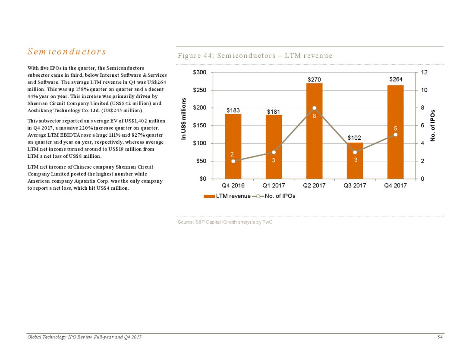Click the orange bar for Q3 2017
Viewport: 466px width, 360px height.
[x=355, y=166]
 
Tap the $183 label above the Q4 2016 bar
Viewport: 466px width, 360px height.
[x=233, y=110]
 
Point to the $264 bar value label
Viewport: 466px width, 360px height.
[x=396, y=79]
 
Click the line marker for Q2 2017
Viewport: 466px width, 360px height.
[x=315, y=108]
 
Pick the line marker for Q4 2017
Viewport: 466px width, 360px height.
[x=396, y=135]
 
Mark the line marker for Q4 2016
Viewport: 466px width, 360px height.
[x=233, y=161]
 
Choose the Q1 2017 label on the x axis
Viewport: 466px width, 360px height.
[x=274, y=186]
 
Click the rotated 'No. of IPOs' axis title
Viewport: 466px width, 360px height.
[x=433, y=125]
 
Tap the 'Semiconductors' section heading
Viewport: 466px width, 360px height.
[x=66, y=52]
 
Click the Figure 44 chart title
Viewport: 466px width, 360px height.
[x=255, y=56]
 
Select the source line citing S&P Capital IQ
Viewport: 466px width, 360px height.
[x=225, y=222]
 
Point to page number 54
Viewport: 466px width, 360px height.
[x=440, y=337]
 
